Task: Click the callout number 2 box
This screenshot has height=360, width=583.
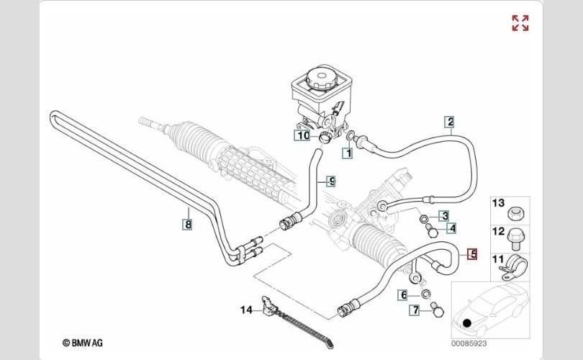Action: coord(450,122)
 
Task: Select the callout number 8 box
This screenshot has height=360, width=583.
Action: coord(187,224)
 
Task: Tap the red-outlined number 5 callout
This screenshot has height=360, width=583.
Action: coord(472,253)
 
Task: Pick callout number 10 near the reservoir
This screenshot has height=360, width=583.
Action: coord(302,135)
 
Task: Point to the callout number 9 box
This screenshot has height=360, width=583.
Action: coord(331,181)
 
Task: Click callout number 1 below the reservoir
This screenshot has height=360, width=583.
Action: coord(347,153)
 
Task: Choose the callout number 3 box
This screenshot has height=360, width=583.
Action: coord(445,215)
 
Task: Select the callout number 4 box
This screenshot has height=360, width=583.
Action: coord(451,229)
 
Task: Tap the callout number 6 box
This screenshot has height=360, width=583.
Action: coord(404,294)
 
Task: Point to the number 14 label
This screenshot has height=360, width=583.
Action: coord(247,310)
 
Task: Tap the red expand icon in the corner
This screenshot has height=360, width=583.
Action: coord(520,23)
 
